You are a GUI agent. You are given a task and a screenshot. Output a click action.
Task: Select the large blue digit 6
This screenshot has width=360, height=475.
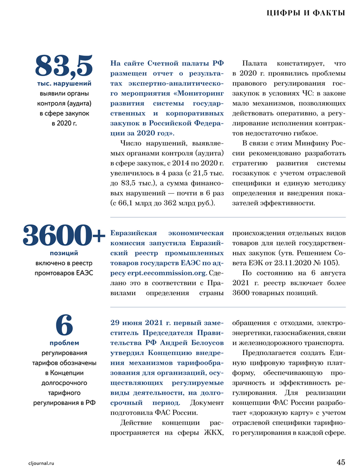point(64,325)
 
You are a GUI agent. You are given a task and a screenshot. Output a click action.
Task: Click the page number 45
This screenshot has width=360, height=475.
point(340,462)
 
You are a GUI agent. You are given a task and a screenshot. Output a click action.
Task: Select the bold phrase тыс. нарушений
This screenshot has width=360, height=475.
point(64,84)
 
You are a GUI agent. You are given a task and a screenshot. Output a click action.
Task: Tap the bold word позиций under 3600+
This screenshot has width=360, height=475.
point(64,253)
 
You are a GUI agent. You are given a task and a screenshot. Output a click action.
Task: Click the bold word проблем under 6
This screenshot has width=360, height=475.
point(64,343)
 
